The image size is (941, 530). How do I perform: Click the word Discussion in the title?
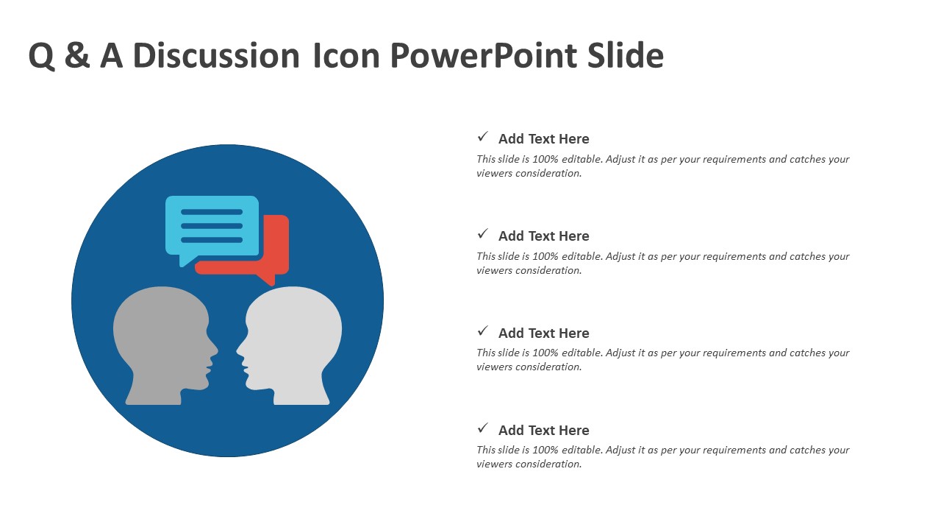coord(216,55)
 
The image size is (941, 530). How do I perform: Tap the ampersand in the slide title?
coord(77,54)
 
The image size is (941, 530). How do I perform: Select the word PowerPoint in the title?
coord(484,55)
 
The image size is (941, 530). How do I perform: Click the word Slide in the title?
coord(626,55)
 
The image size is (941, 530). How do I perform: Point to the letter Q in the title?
coord(42,56)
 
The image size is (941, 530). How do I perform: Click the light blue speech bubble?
coord(212,229)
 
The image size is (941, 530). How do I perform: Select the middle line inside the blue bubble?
coord(212,226)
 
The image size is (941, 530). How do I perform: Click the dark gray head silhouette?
coord(165,346)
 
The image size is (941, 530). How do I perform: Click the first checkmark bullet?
coord(483,136)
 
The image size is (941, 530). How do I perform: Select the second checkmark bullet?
coord(483,233)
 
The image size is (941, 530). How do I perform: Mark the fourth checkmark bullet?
coord(483,428)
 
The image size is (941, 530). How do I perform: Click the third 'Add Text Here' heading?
coord(543,333)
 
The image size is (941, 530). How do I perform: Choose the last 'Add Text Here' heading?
coord(543,431)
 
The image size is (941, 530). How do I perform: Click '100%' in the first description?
coord(545,159)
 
